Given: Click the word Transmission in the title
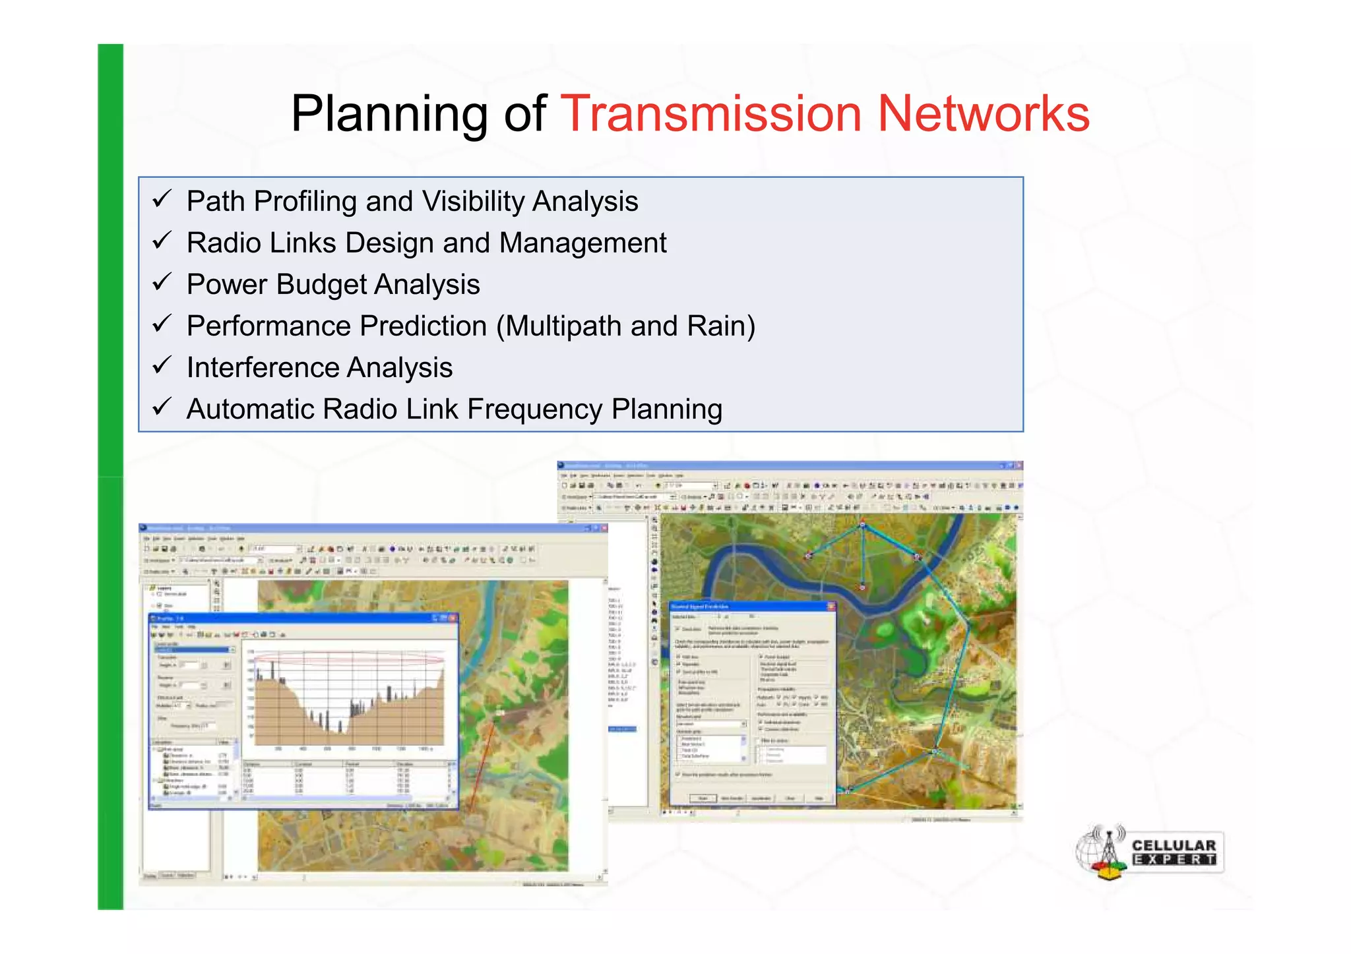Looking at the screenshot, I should [710, 114].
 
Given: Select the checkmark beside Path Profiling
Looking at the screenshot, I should [162, 198].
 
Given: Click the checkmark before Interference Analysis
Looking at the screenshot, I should [162, 365].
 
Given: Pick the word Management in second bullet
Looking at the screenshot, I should [582, 243].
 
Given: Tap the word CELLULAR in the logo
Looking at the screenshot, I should [1174, 845].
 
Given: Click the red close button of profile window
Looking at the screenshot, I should [453, 618].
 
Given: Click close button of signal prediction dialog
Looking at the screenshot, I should [831, 606].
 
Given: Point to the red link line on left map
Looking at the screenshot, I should [482, 765].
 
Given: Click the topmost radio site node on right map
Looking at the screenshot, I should [862, 525].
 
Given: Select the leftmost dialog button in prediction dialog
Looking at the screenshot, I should [703, 798].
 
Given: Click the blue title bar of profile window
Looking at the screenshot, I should [297, 618].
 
